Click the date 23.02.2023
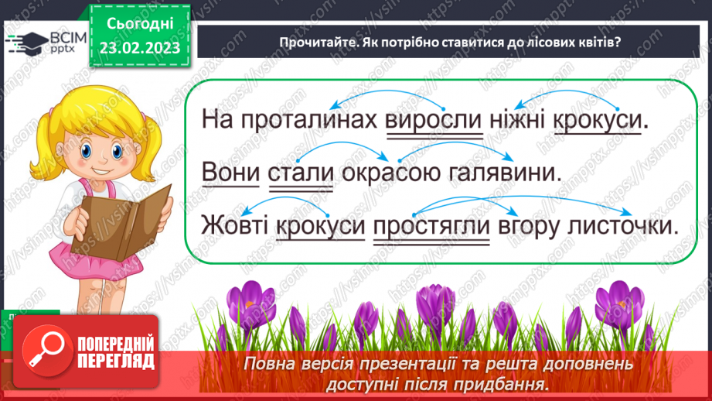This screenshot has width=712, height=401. tap(139, 47)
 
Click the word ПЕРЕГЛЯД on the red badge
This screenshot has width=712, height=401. tap(117, 361)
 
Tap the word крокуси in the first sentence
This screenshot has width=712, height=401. tap(608, 121)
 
